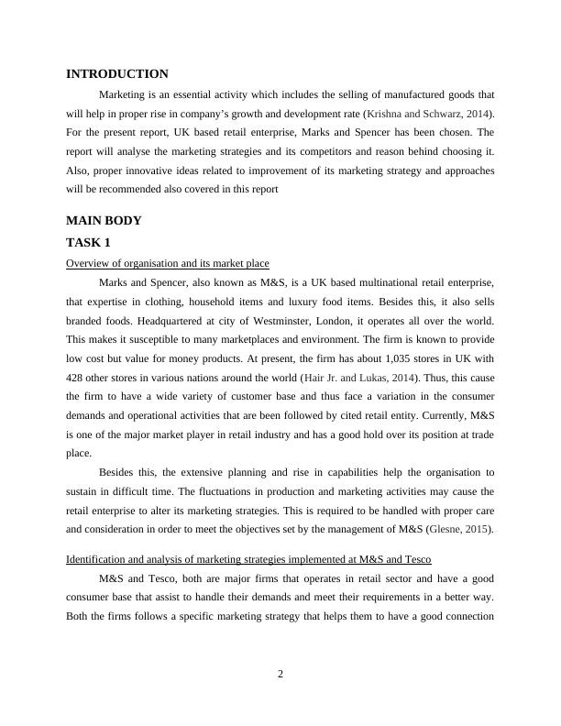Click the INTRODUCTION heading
click(x=117, y=74)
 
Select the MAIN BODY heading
click(x=104, y=221)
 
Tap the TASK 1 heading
click(x=88, y=243)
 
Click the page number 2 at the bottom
click(x=280, y=675)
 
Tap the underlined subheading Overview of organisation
click(x=168, y=263)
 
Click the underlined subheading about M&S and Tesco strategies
click(x=249, y=559)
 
